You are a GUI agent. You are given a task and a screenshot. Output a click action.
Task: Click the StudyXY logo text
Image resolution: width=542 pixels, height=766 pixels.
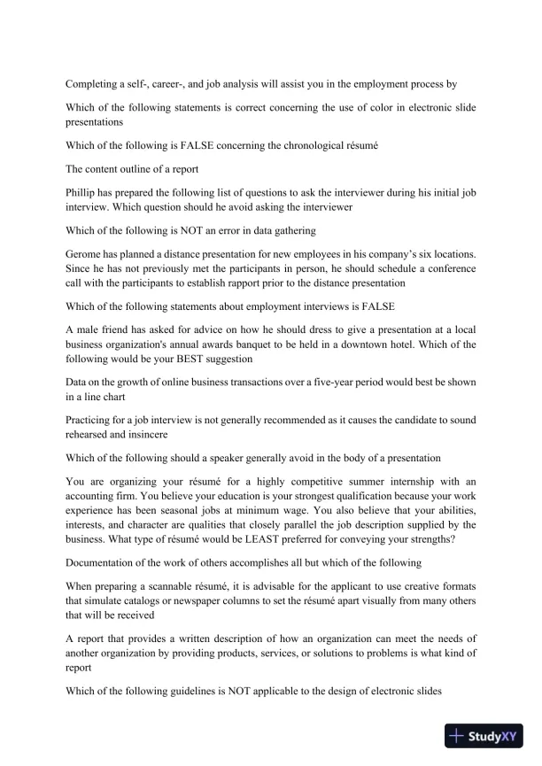pyautogui.click(x=497, y=735)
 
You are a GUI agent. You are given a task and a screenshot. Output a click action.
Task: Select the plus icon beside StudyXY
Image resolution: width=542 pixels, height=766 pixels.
pyautogui.click(x=458, y=735)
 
